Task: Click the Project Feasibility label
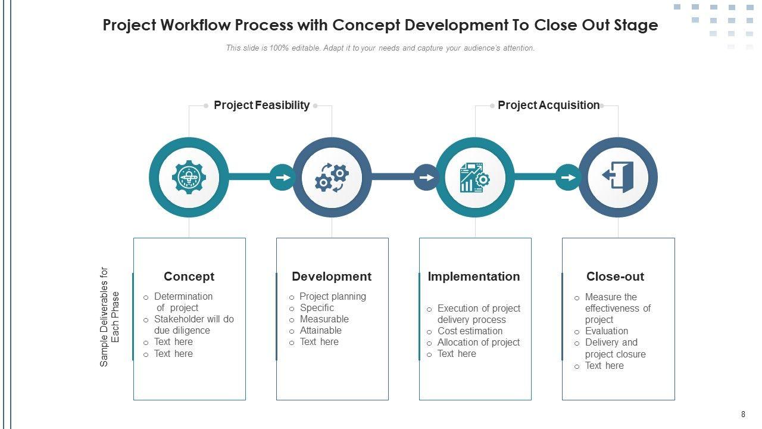click(x=261, y=105)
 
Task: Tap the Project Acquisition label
click(x=548, y=105)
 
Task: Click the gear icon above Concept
click(x=189, y=178)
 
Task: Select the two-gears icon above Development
click(x=332, y=178)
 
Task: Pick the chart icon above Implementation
click(x=474, y=178)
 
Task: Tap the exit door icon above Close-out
click(x=618, y=178)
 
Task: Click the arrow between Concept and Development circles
click(x=283, y=178)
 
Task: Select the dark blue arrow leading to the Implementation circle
click(x=426, y=178)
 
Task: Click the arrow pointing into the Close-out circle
click(x=569, y=178)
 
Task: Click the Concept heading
click(x=189, y=276)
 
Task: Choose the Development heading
click(x=332, y=276)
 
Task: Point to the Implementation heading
click(x=474, y=276)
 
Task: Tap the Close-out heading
click(x=615, y=276)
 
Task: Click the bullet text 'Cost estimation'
click(x=470, y=331)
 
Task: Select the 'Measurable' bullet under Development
click(x=324, y=319)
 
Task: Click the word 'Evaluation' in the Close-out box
click(x=606, y=331)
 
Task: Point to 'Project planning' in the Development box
click(x=333, y=297)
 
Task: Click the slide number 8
click(x=743, y=415)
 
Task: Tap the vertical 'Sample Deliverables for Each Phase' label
click(x=110, y=316)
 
